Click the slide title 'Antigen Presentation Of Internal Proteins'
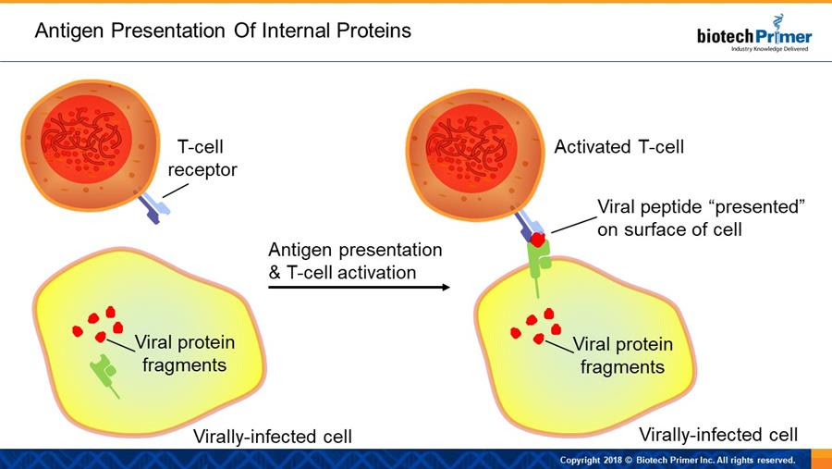[223, 31]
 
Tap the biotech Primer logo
[754, 34]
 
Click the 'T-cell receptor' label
[202, 158]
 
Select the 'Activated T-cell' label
[619, 146]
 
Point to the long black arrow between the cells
[359, 288]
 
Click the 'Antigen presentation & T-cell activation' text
[355, 261]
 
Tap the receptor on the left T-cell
[154, 208]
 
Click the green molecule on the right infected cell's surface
[539, 265]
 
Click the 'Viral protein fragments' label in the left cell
[185, 353]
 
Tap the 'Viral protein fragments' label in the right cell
[623, 355]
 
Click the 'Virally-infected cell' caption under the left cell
[272, 437]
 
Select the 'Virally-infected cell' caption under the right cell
[718, 435]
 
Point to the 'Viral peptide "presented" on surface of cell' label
[702, 217]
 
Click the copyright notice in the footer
[678, 460]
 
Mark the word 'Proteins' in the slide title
[374, 31]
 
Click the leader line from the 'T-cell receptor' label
[175, 191]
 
